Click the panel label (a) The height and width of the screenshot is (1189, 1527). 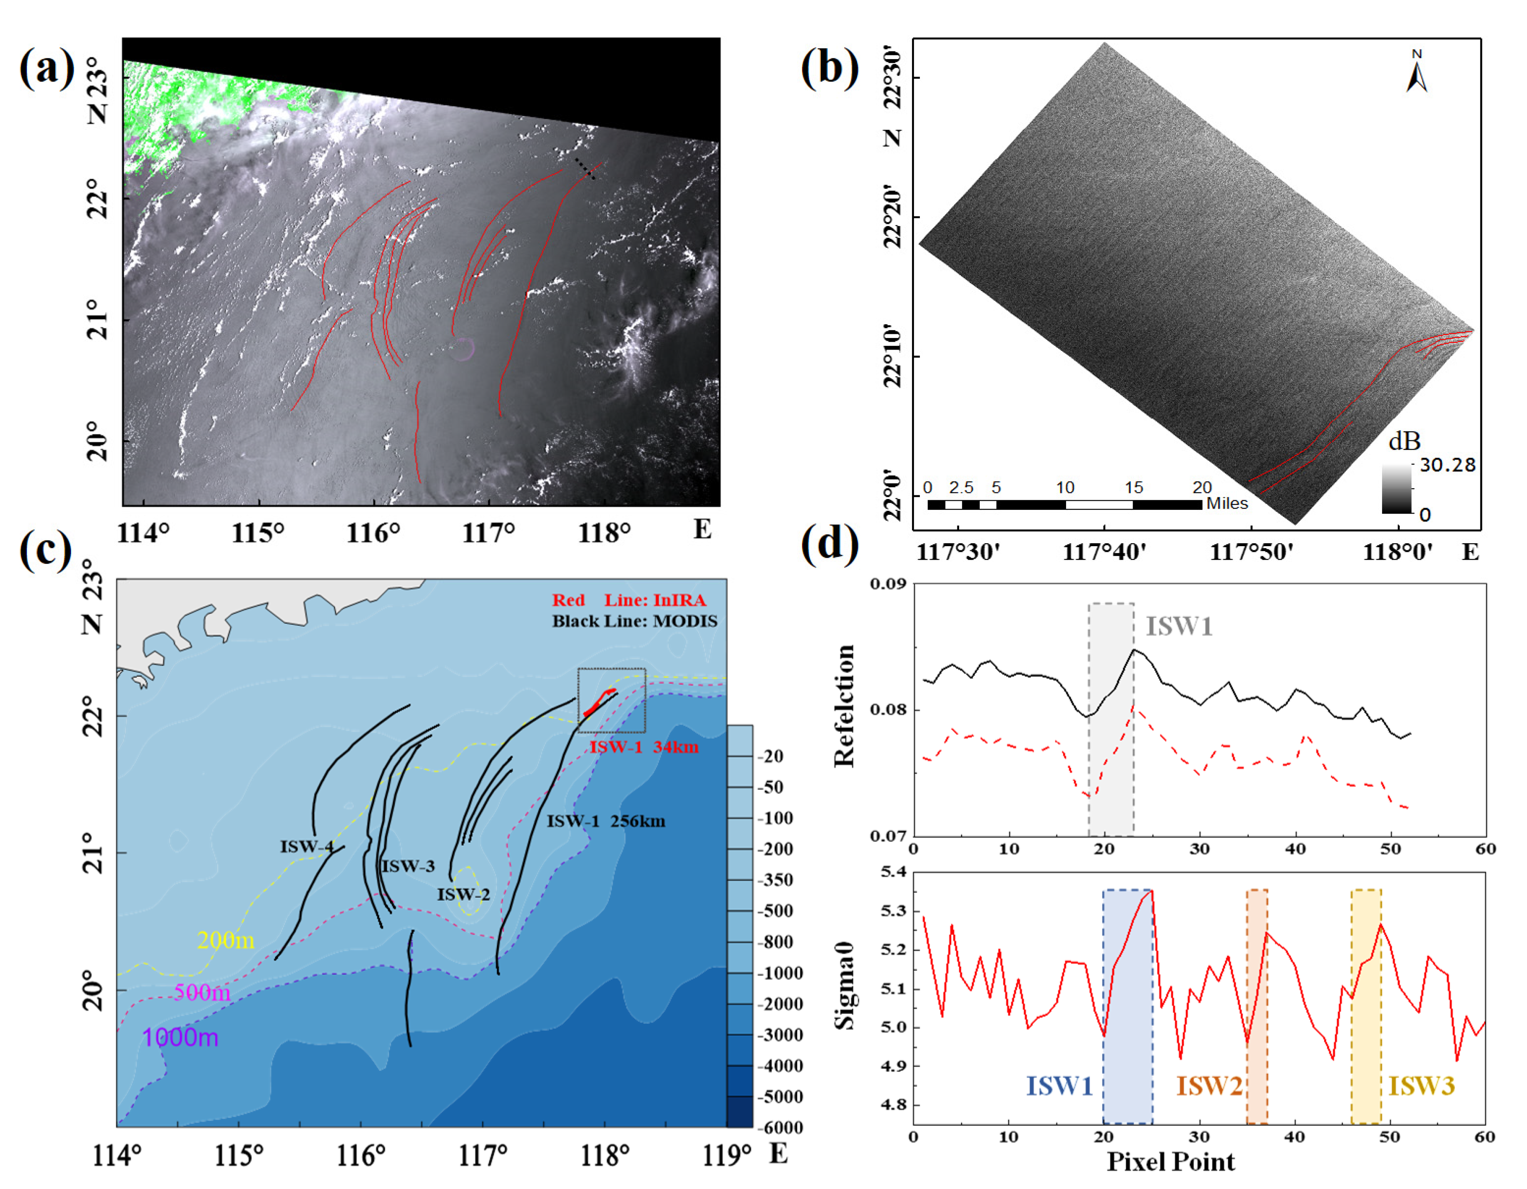[47, 69]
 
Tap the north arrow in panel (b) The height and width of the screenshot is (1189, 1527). [1417, 74]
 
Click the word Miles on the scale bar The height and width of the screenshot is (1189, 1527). [1227, 504]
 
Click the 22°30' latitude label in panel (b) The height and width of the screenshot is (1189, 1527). [893, 78]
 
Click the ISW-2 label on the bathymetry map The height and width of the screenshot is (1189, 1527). [463, 894]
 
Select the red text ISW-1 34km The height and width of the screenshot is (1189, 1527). [643, 747]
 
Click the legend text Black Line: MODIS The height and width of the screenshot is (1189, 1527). [634, 621]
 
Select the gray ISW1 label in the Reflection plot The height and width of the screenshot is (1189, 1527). [1179, 626]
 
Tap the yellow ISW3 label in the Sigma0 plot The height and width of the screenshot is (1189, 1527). [1421, 1086]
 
